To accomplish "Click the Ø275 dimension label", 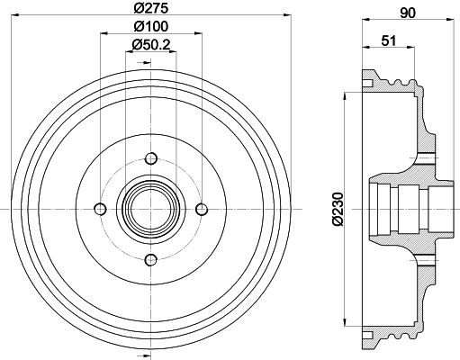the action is (150, 8).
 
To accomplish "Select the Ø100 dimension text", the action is (150, 26).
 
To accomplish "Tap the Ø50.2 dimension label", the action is (151, 45).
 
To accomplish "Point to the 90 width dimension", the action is (408, 13).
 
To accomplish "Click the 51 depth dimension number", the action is (389, 40).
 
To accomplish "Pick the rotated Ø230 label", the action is (338, 209).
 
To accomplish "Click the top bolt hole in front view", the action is (151, 158).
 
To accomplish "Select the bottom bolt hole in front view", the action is (151, 260).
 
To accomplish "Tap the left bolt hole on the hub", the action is (100, 209).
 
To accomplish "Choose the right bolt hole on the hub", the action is (202, 209).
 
